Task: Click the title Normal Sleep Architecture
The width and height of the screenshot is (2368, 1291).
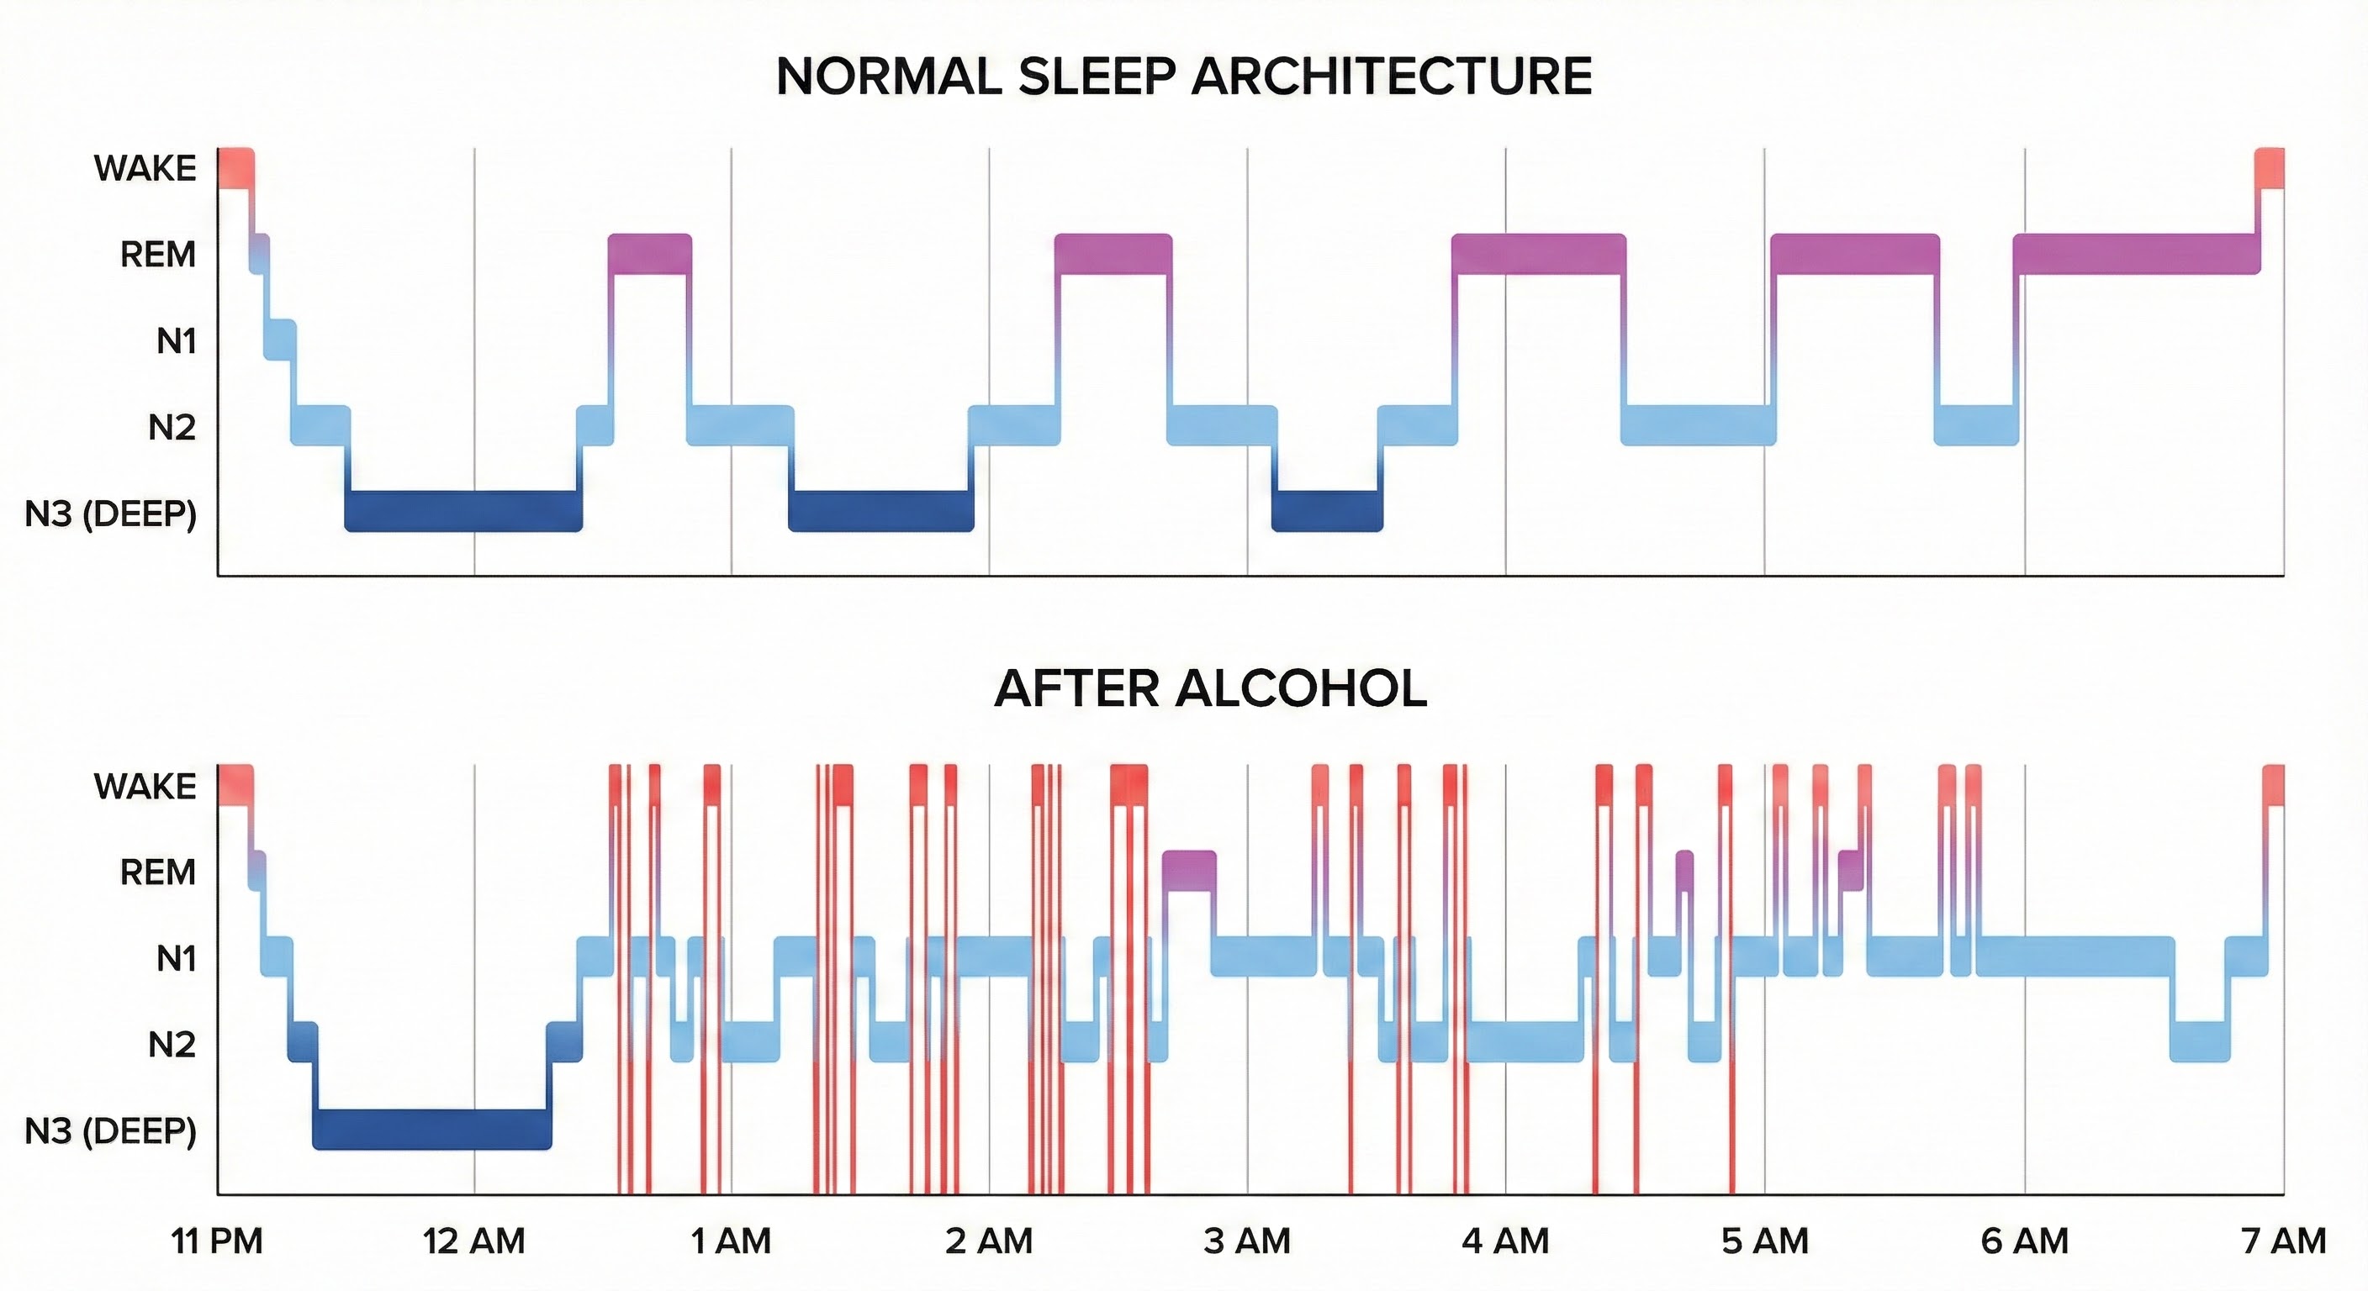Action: coord(1184,76)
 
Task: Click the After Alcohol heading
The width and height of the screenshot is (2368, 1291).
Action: coord(1210,688)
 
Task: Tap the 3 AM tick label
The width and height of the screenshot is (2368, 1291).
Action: coord(1246,1241)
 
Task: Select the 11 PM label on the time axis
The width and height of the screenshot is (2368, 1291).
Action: coord(217,1241)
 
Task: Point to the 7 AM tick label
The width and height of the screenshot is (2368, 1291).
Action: coord(2283,1241)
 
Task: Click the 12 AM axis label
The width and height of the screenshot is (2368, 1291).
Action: coord(473,1241)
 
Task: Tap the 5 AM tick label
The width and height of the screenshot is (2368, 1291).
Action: coord(1764,1241)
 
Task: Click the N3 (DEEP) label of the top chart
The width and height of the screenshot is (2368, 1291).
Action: coord(110,514)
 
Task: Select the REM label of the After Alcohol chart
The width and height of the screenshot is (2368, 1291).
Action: coord(157,872)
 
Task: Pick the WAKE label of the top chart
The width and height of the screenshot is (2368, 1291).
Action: coord(145,168)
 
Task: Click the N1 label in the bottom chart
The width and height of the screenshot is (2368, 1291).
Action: coord(176,958)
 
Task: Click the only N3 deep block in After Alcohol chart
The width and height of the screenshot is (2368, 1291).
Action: coord(432,1130)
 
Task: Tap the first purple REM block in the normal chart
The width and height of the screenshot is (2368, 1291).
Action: coord(649,254)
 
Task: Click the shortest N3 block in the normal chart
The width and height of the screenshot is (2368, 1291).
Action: coord(1326,511)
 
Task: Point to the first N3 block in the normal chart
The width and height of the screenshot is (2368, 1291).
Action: coord(463,511)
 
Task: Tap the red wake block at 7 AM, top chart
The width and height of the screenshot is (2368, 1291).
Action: coord(2270,167)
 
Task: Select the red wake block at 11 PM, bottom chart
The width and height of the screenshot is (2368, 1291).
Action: coord(235,785)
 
